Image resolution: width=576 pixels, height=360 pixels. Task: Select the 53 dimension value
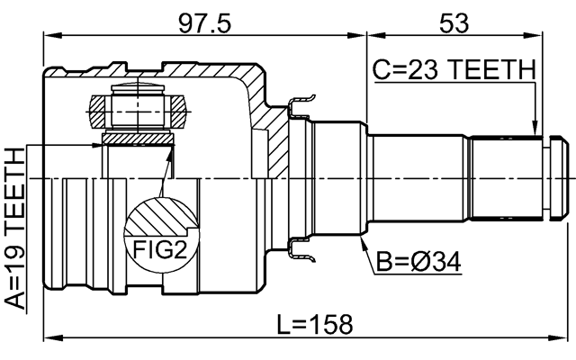[x=456, y=22]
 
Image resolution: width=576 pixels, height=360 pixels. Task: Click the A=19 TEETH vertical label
[x=15, y=229]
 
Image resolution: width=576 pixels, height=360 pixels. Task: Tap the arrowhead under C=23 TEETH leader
[x=535, y=130]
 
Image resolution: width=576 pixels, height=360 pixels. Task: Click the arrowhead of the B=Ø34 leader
[x=363, y=242]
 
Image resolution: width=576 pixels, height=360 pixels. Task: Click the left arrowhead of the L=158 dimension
[x=49, y=338]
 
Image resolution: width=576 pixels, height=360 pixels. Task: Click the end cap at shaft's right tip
[x=557, y=178]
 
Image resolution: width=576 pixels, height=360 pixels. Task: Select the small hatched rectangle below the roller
[x=138, y=138]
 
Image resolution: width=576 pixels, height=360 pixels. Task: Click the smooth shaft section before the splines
[x=418, y=178]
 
